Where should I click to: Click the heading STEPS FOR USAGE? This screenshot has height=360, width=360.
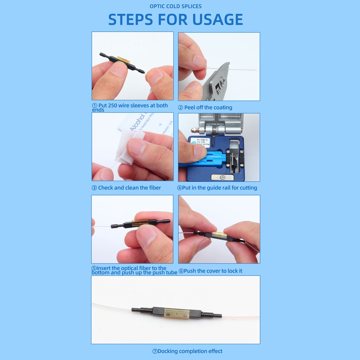click(175, 20)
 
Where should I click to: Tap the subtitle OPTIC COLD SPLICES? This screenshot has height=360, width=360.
click(175, 6)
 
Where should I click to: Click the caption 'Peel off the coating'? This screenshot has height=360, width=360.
click(208, 108)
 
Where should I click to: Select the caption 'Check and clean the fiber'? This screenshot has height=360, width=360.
click(129, 188)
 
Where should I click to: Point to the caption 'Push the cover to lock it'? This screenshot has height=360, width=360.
click(213, 271)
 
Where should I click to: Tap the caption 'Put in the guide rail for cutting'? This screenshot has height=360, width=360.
click(219, 188)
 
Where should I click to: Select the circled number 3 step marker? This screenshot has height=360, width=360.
click(94, 188)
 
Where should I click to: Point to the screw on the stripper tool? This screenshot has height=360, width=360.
click(222, 80)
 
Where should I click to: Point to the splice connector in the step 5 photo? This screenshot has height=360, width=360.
click(141, 223)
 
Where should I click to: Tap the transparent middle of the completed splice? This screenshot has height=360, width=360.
click(177, 313)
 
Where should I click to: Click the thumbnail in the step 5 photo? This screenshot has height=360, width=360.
click(146, 236)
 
